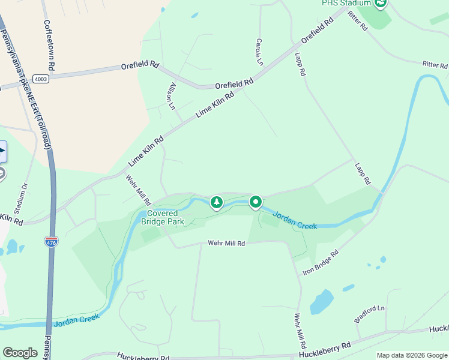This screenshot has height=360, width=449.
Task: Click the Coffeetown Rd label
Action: click(x=49, y=44)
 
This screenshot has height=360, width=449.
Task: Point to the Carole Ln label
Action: click(x=259, y=52)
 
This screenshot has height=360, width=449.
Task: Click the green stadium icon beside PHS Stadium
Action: click(x=380, y=3)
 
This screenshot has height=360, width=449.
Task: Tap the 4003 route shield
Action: click(x=41, y=79)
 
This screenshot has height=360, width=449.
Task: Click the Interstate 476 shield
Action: click(x=51, y=242)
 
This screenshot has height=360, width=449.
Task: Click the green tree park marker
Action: click(x=216, y=203)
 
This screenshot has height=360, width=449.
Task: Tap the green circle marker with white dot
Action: click(x=256, y=202)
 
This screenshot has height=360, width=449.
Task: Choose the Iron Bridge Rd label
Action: click(x=321, y=263)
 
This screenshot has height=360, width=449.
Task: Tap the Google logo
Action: click(x=20, y=353)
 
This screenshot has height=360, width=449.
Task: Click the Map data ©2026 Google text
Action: click(x=411, y=355)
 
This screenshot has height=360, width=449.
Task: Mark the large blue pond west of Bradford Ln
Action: click(x=322, y=301)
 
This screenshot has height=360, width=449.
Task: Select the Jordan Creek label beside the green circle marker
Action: click(x=295, y=220)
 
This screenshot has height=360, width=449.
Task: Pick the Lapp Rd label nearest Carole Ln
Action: click(x=300, y=64)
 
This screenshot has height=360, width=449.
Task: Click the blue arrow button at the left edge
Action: click(x=2, y=151)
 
